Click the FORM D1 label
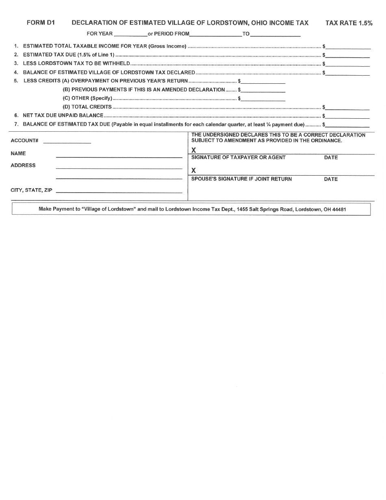coord(41,23)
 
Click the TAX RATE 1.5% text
coord(349,24)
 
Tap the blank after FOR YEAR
coord(131,34)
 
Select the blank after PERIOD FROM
coord(215,34)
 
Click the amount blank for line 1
coord(348,46)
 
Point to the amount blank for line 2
coord(348,55)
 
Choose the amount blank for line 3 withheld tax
coord(348,64)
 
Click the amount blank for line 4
coord(348,73)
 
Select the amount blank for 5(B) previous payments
coord(263,90)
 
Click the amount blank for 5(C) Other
coord(263,98)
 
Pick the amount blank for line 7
coord(348,125)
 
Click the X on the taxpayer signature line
coord(194,150)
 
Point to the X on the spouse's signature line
coord(194,171)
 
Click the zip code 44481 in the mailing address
coord(339,209)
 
